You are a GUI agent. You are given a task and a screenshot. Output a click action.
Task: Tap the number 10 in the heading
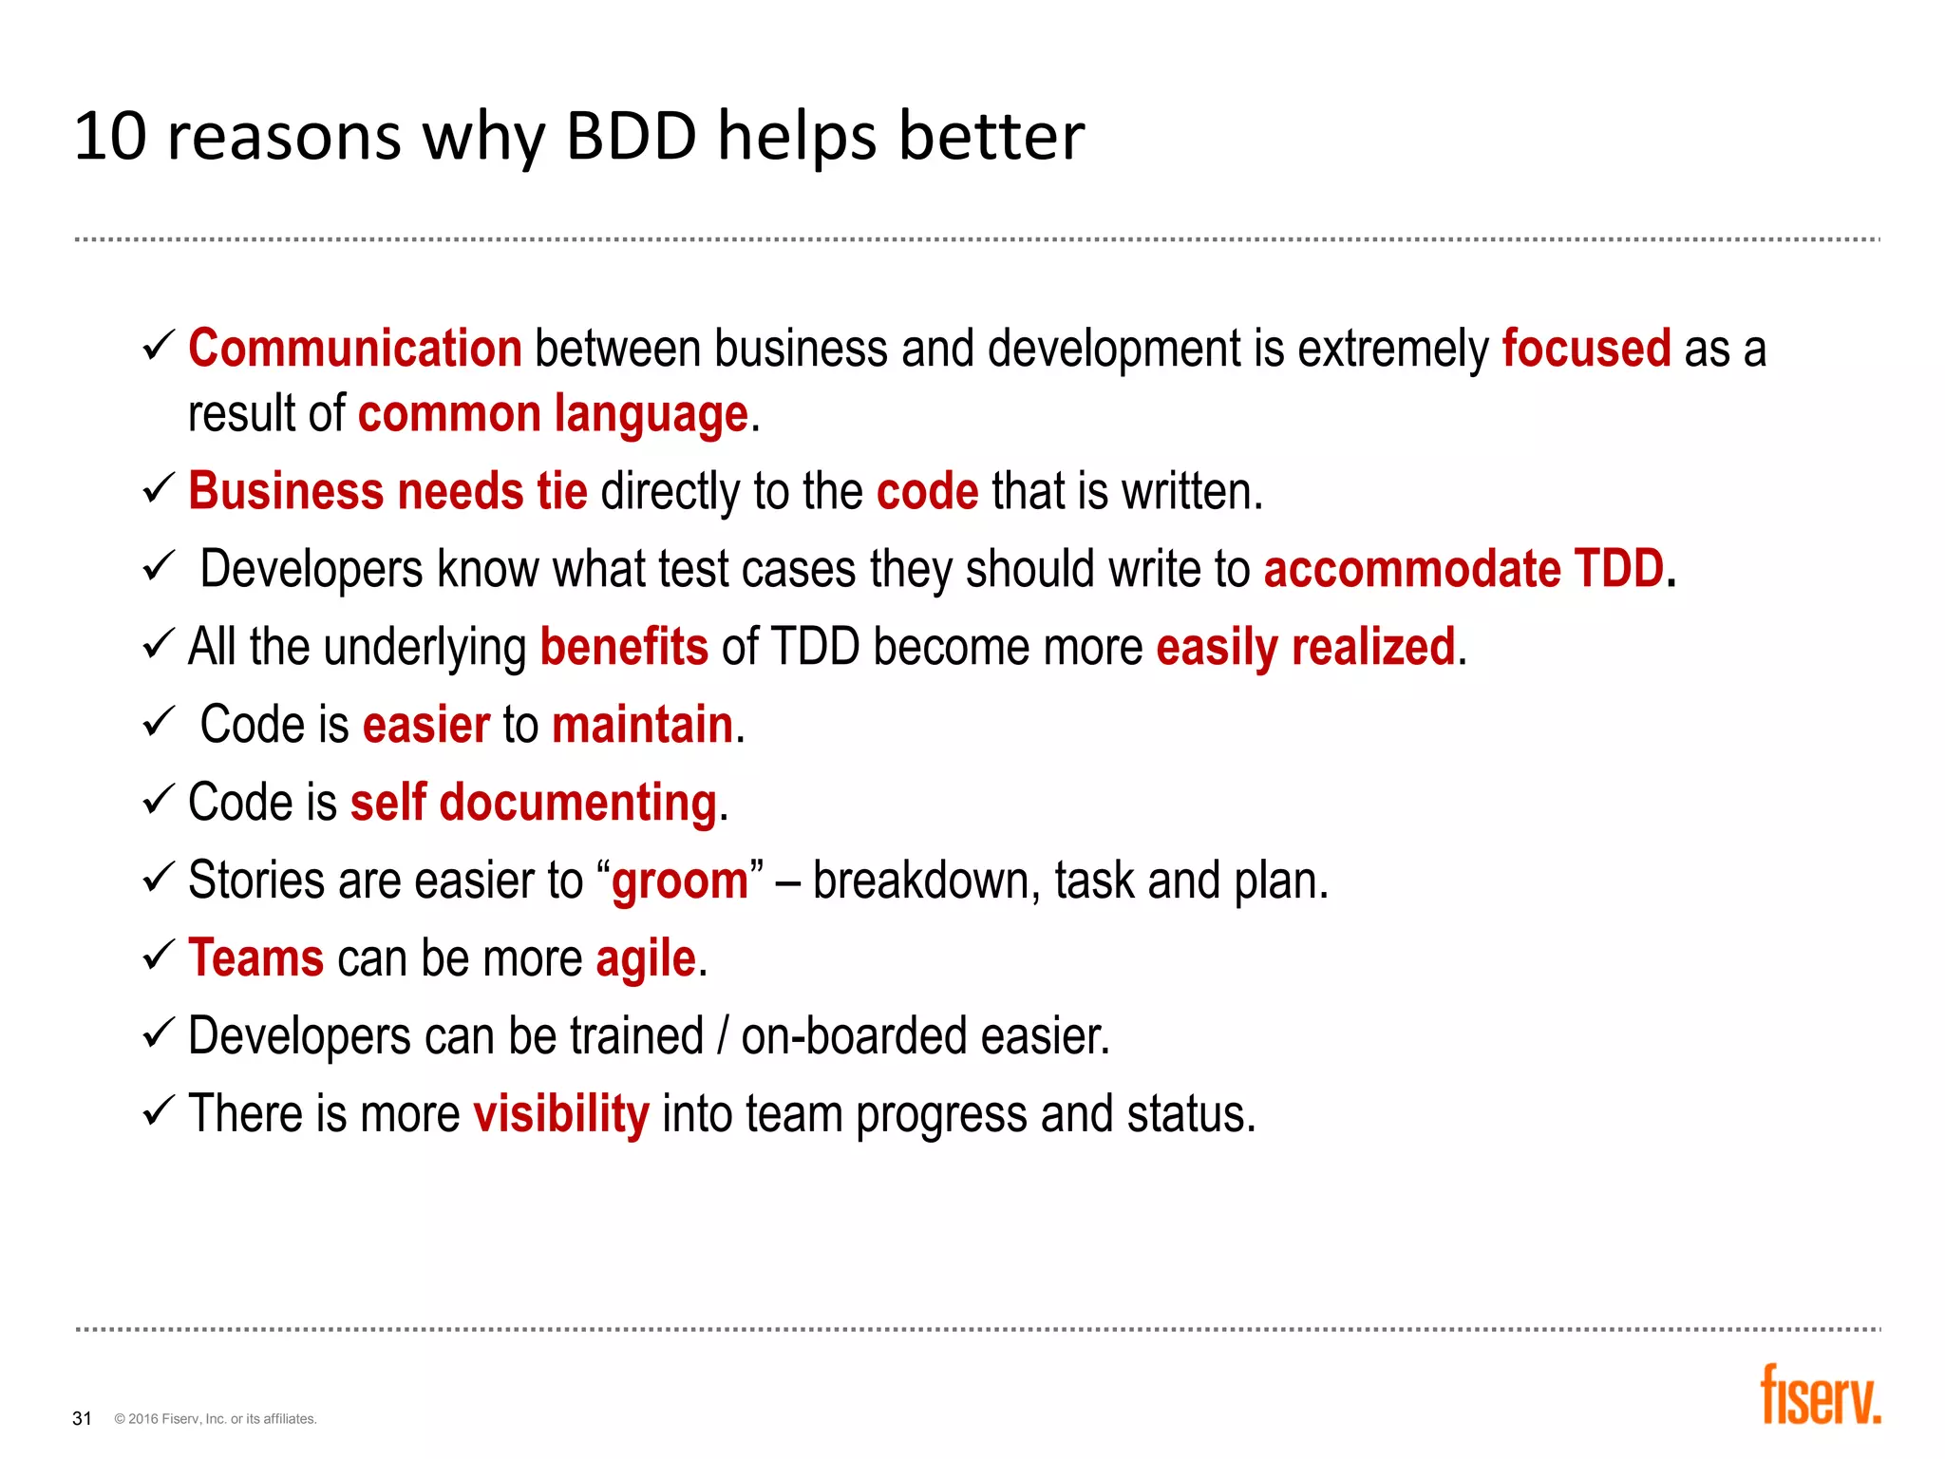(110, 136)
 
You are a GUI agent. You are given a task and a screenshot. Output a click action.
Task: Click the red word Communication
(355, 349)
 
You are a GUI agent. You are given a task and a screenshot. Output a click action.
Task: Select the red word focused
(1586, 349)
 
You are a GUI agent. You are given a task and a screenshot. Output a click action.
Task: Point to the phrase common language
(554, 414)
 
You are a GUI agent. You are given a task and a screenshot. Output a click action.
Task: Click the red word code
(927, 492)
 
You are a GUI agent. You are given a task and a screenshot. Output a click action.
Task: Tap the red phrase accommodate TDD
(1463, 570)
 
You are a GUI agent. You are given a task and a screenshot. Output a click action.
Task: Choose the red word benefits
(624, 648)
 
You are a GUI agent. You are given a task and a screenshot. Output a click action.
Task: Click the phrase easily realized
(1306, 648)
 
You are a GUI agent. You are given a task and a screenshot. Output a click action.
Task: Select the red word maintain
(643, 726)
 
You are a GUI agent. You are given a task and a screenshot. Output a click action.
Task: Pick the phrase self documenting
(534, 804)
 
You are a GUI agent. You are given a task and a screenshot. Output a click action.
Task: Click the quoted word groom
(680, 881)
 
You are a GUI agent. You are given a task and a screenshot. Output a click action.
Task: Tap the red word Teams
(256, 958)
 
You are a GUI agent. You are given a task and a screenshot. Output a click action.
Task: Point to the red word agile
(646, 959)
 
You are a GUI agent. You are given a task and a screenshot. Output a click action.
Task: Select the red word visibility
(561, 1114)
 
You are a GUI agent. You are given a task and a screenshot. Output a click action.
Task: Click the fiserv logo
(1820, 1396)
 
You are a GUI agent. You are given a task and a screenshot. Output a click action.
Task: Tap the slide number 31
(83, 1418)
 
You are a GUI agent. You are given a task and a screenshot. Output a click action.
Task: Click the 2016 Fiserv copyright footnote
(216, 1419)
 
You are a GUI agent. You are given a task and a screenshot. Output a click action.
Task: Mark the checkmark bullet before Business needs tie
(158, 490)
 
